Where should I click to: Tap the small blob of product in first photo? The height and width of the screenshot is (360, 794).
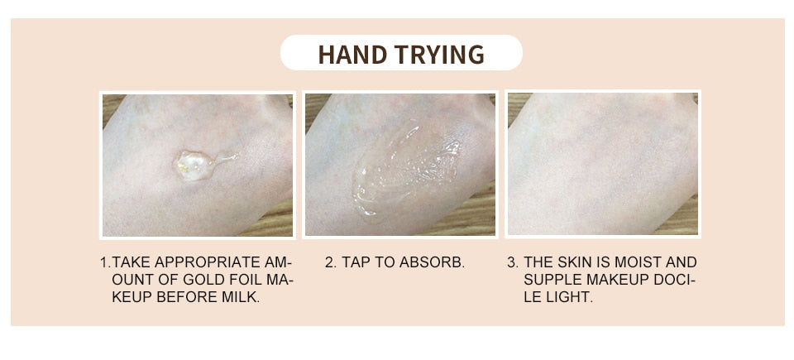[192, 162]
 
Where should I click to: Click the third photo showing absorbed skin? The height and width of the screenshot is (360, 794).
[602, 164]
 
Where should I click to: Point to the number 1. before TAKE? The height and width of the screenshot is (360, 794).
[104, 262]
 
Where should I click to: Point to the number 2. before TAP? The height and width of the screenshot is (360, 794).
[330, 262]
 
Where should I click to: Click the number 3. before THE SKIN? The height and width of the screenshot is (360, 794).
[512, 262]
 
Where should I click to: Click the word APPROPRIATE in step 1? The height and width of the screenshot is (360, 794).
[208, 262]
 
